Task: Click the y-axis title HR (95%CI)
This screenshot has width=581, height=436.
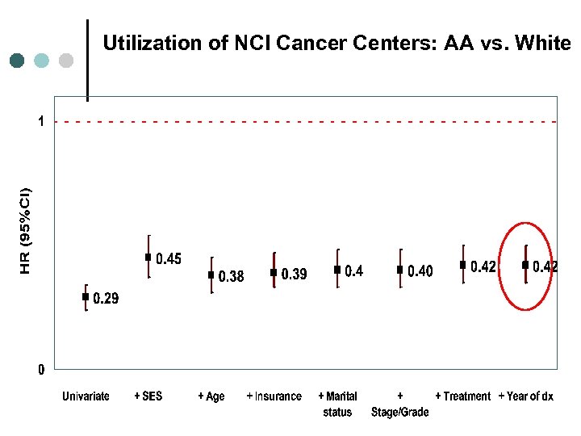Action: [x=26, y=219]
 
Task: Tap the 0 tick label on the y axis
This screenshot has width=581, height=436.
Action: [x=40, y=371]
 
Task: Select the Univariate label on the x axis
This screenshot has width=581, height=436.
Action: [x=86, y=396]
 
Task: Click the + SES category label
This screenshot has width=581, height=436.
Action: [x=148, y=396]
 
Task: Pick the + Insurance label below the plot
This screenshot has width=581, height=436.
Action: [x=274, y=396]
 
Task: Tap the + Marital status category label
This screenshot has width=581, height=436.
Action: [x=337, y=404]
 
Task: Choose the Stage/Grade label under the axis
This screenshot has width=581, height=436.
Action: [x=400, y=412]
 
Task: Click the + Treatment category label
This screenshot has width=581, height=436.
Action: [x=462, y=396]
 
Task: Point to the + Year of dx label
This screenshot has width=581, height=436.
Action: [x=525, y=396]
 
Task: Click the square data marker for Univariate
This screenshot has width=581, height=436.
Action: [x=86, y=297]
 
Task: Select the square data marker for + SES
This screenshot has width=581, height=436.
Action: [x=148, y=258]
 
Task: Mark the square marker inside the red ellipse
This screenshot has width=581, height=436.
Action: [x=525, y=265]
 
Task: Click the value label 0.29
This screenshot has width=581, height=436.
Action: [x=106, y=299]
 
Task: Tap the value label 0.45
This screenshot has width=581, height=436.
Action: [x=169, y=259]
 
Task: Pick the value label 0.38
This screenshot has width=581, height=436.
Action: [x=231, y=277]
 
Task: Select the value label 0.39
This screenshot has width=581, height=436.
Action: [x=294, y=275]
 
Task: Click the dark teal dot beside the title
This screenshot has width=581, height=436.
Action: [x=18, y=60]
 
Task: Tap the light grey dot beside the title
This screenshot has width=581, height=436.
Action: [x=67, y=60]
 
